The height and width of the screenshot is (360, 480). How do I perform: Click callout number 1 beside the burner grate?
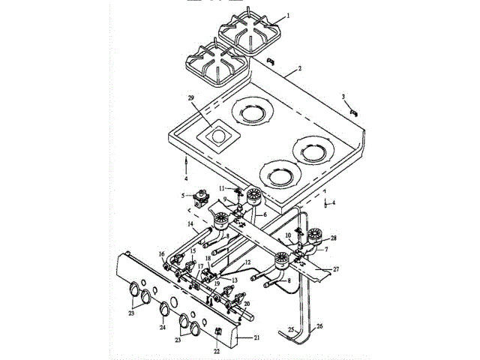287,15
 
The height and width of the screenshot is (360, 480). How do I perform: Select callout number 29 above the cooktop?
190,98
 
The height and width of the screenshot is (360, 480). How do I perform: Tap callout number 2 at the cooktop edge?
298,68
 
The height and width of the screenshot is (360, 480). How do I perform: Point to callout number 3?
343,97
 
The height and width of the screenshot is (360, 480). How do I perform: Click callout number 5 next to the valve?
182,196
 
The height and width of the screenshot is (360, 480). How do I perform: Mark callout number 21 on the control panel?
256,338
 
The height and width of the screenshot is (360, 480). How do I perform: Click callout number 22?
216,350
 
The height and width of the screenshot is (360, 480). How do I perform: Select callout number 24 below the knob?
162,328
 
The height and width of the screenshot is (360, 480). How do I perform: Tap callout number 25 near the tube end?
290,328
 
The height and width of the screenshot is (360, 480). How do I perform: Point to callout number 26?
319,326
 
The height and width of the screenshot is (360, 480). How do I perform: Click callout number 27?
335,268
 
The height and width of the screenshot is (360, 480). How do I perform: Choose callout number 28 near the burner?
334,238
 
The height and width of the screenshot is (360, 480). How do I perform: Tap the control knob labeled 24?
164,307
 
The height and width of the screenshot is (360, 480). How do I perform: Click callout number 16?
161,254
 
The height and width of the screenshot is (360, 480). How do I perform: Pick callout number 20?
247,304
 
